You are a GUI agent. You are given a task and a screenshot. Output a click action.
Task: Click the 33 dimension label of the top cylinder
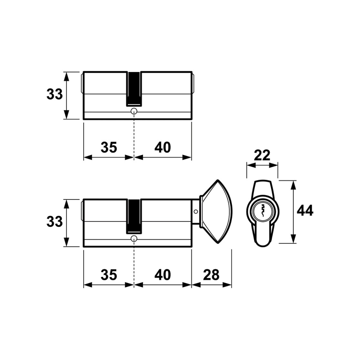55,94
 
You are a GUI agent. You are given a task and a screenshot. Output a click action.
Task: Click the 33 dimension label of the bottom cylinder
55,222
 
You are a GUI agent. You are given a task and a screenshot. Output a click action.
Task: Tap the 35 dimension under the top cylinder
109,147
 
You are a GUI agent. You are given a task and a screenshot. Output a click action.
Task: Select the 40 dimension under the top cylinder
163,147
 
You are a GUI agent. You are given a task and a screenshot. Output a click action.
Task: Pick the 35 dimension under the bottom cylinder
109,275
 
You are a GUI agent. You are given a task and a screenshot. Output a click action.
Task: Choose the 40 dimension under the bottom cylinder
163,275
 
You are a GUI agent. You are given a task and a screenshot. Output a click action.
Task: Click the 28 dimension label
211,275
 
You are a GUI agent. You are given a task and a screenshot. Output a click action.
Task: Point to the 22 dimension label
262,155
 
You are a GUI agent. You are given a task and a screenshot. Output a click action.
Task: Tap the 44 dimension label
305,211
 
